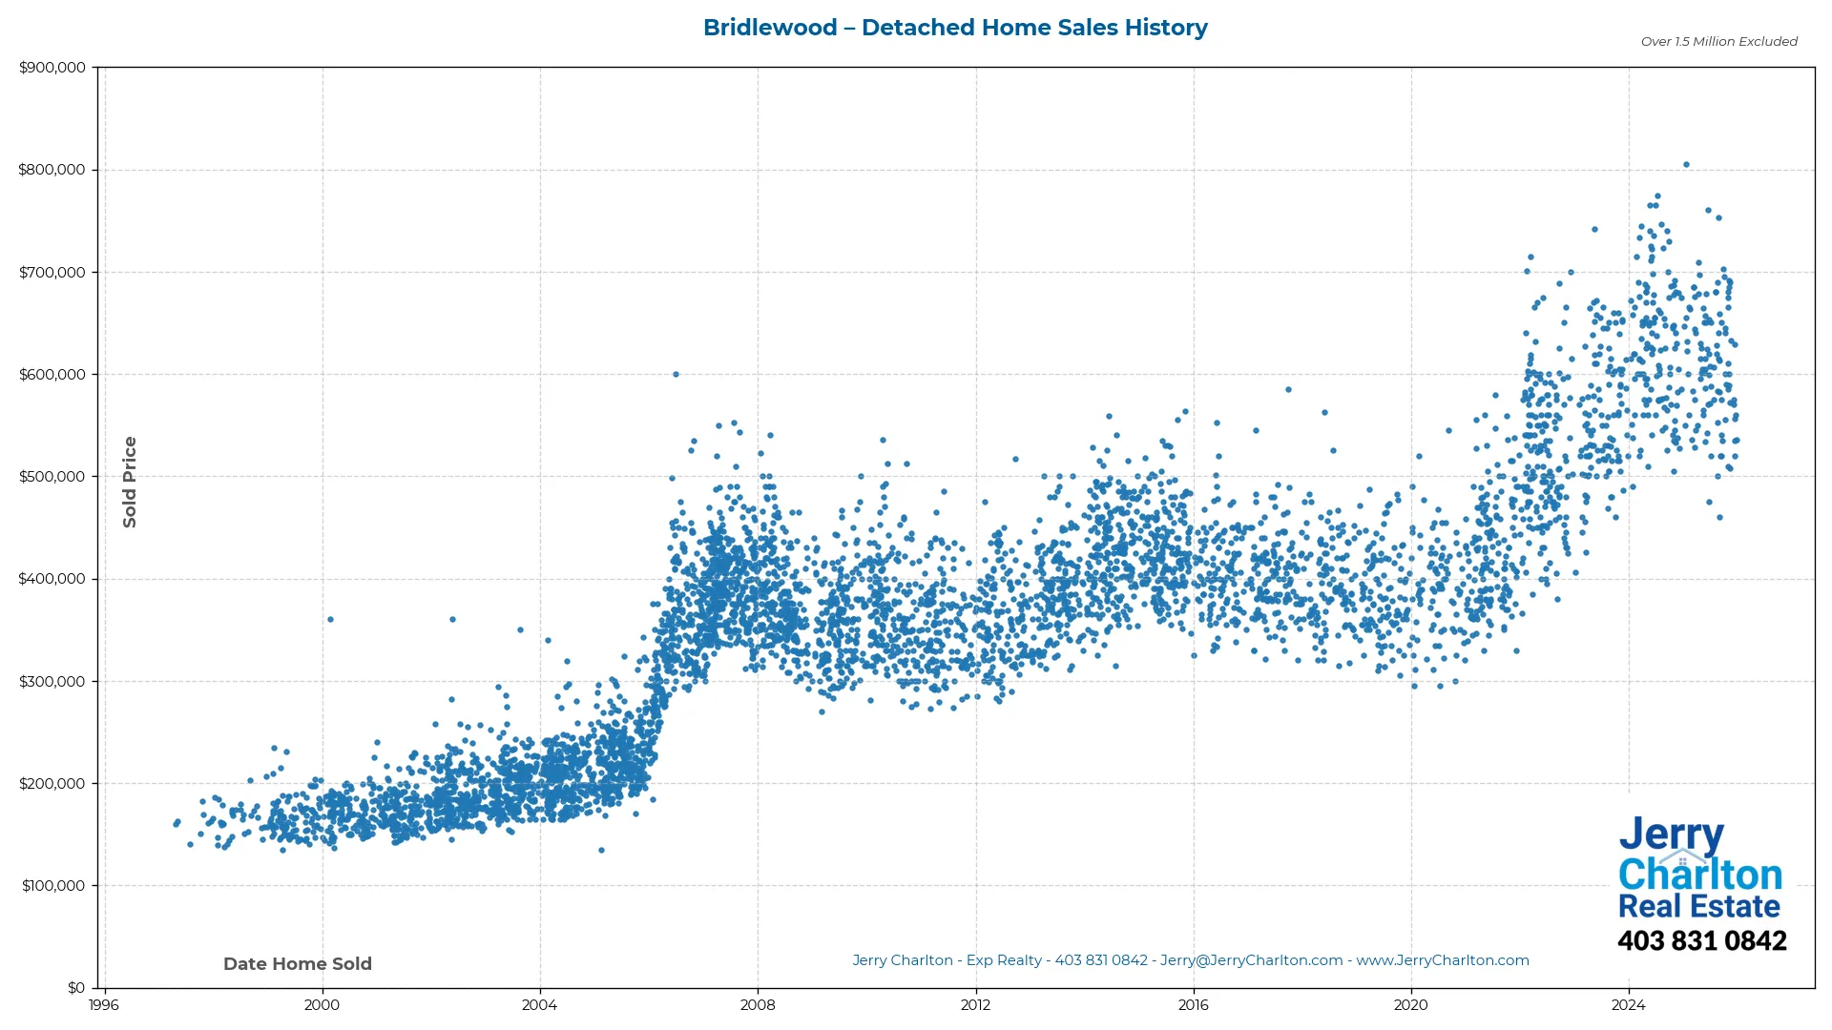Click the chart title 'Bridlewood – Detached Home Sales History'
tap(955, 28)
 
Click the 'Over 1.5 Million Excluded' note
tap(1718, 42)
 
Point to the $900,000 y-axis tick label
tap(52, 68)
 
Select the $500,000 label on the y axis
tap(52, 477)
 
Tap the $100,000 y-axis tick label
tap(52, 886)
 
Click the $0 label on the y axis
tap(76, 988)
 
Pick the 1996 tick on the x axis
tap(104, 1005)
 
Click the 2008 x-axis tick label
tap(758, 1005)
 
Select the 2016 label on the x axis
tap(1193, 1005)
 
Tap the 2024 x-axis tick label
tap(1628, 1005)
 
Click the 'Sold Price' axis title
tap(130, 482)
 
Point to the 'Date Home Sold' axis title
tap(298, 964)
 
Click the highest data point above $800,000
tap(1686, 165)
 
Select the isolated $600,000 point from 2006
tap(676, 375)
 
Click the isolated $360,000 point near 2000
tap(330, 620)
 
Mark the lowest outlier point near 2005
tap(601, 851)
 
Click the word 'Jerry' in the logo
tap(1671, 835)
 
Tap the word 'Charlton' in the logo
tap(1700, 875)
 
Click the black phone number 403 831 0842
tap(1701, 941)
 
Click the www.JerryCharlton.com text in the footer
tap(1443, 960)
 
